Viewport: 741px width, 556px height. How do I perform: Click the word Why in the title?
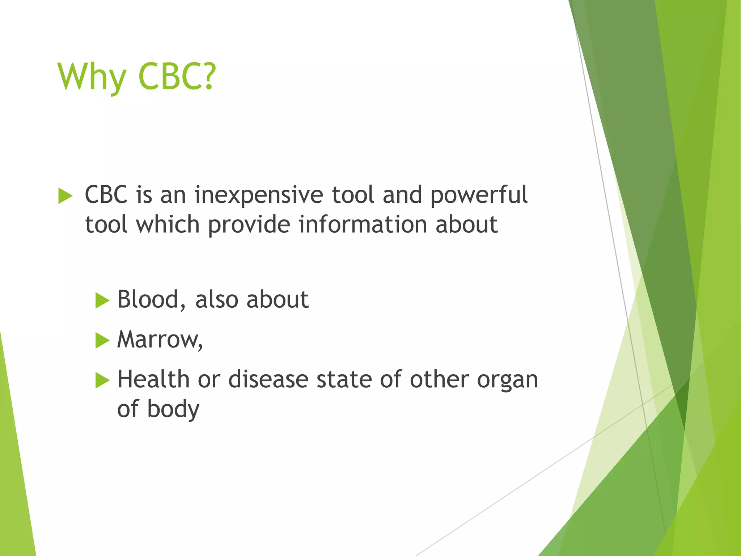(x=91, y=77)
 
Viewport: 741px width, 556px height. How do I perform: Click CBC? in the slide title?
(x=177, y=77)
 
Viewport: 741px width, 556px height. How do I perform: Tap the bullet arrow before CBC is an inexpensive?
(x=65, y=196)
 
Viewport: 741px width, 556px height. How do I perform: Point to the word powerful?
(x=479, y=195)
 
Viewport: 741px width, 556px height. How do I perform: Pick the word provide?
(x=249, y=225)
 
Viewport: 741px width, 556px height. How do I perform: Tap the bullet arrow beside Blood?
(x=102, y=301)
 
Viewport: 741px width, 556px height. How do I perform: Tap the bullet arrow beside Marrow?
(x=102, y=341)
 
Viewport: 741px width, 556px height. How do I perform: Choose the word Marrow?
(x=160, y=340)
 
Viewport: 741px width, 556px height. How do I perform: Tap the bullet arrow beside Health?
(x=102, y=381)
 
